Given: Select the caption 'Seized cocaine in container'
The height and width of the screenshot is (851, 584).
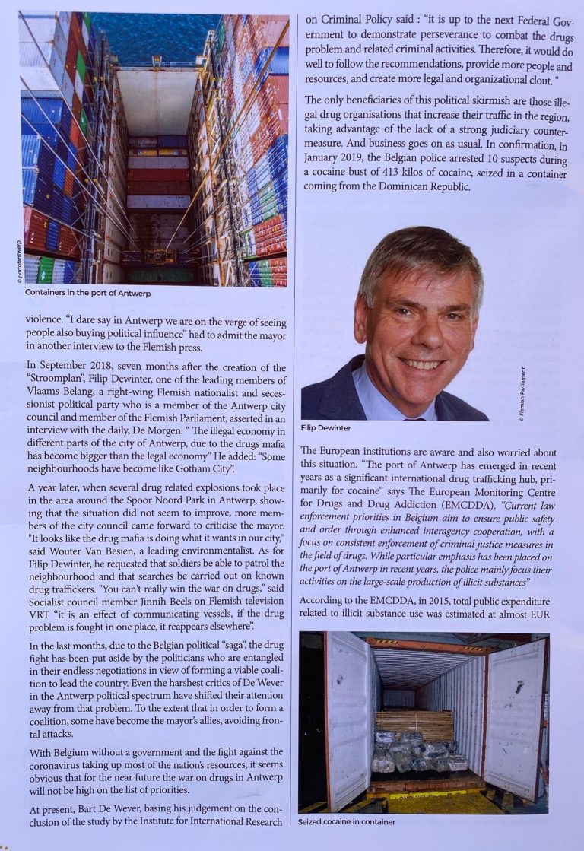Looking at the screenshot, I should coord(348,821).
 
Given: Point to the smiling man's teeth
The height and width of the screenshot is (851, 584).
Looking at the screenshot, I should coord(421,362).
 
